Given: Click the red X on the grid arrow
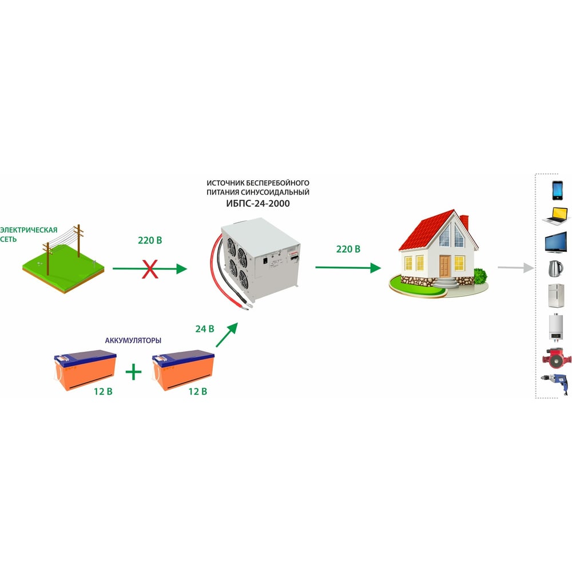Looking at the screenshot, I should tap(150, 268).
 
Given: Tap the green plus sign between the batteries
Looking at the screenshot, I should tap(133, 372).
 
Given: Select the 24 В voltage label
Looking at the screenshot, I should tap(204, 329).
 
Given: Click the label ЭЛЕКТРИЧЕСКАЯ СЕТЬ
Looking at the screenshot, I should tap(29, 235).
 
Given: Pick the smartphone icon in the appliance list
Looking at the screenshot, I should tap(557, 190).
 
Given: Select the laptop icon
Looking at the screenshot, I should tap(557, 216).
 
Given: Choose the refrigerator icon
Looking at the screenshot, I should tap(557, 296).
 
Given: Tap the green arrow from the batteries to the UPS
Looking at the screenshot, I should tap(227, 335).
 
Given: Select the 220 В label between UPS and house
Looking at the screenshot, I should tap(348, 249).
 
